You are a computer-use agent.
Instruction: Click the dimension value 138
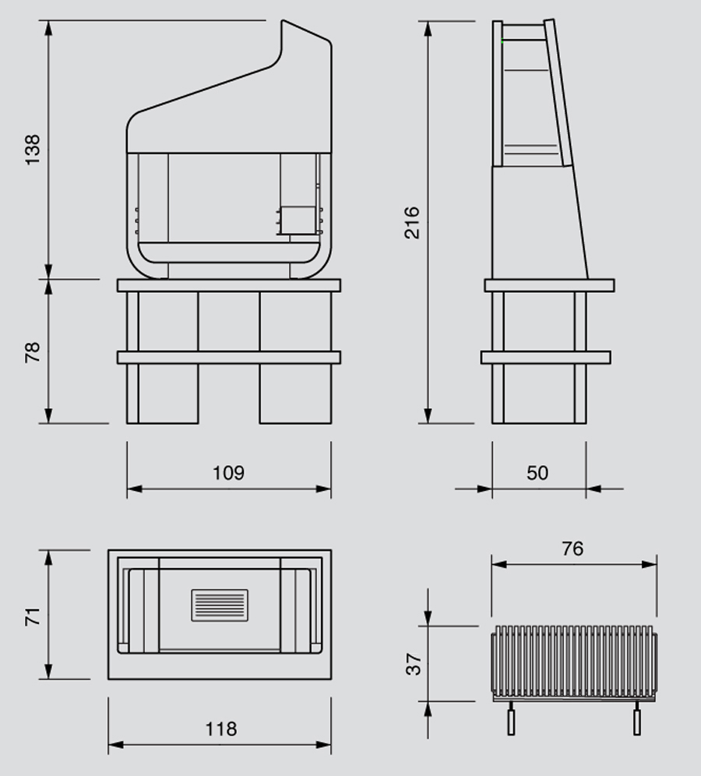[33, 150]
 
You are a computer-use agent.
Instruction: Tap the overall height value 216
[412, 222]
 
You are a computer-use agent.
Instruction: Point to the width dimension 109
[228, 473]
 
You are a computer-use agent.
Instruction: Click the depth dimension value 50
[537, 473]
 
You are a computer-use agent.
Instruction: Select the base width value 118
[220, 729]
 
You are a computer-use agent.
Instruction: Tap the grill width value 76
[572, 548]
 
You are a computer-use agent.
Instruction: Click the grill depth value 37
[414, 663]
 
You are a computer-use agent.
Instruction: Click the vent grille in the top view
[220, 605]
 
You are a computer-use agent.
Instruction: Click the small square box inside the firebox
[296, 220]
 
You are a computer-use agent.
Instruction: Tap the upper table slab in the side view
[549, 285]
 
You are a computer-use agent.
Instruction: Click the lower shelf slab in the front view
[228, 358]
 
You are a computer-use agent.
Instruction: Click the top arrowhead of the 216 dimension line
[428, 28]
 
